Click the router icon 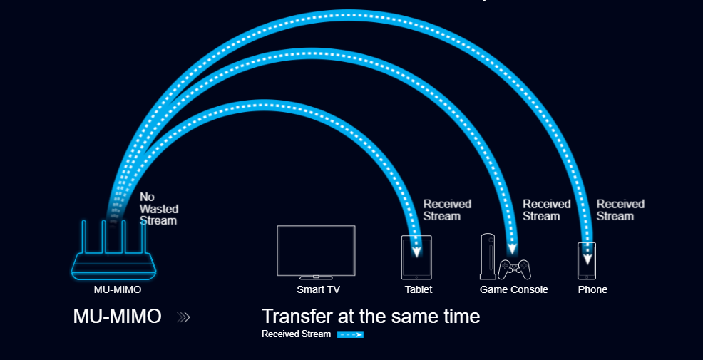pyautogui.click(x=114, y=252)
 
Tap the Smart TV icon pyautogui.click(x=316, y=252)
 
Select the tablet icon pyautogui.click(x=416, y=257)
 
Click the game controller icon pyautogui.click(x=514, y=269)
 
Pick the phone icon pyautogui.click(x=587, y=261)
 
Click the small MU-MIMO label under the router pyautogui.click(x=118, y=289)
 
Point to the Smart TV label pyautogui.click(x=318, y=289)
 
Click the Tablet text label pyautogui.click(x=419, y=289)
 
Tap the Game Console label pyautogui.click(x=514, y=289)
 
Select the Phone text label pyautogui.click(x=592, y=289)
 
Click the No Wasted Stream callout pyautogui.click(x=159, y=209)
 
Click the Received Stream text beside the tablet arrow pyautogui.click(x=448, y=210)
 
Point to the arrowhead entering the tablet pyautogui.click(x=417, y=251)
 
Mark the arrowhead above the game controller pyautogui.click(x=512, y=250)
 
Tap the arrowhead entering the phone pyautogui.click(x=587, y=259)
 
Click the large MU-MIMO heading pyautogui.click(x=117, y=317)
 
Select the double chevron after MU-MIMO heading pyautogui.click(x=183, y=317)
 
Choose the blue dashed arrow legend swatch pyautogui.click(x=350, y=334)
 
